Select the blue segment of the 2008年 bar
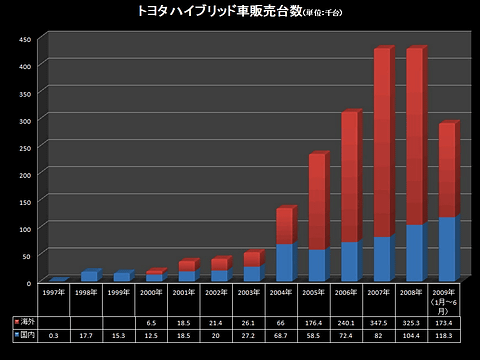coord(414,252)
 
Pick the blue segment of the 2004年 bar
coord(284,262)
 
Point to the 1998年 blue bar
coord(89,276)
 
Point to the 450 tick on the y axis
coord(27,39)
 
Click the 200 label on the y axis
coord(27,174)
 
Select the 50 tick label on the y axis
coord(29,255)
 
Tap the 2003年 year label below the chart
coord(250,293)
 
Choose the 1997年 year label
coord(54,293)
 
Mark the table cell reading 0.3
coord(54,336)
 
